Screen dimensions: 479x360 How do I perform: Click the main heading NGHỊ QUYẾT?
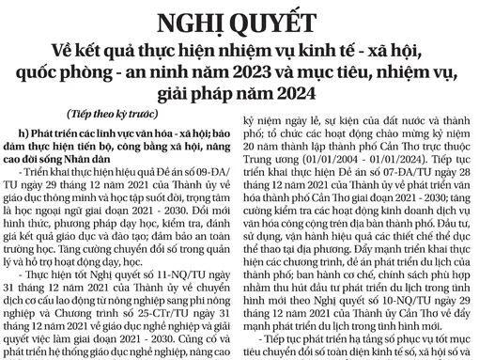coord(239,22)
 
